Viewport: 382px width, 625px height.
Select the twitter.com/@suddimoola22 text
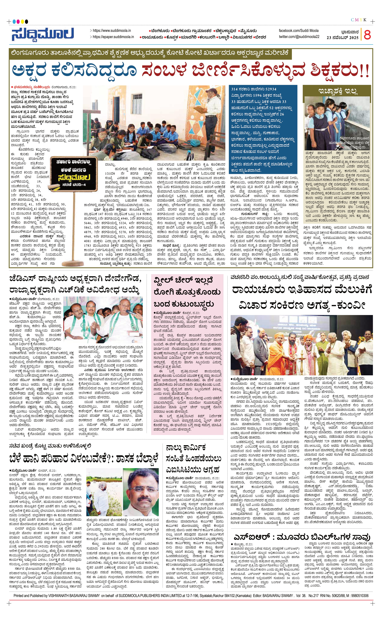(x=299, y=37)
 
